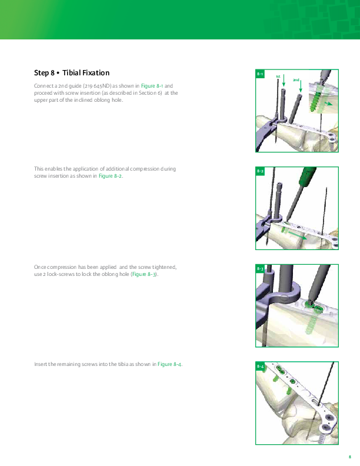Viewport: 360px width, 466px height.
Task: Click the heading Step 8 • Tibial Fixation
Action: pos(72,73)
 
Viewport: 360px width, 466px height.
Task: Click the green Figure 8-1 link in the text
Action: pos(152,86)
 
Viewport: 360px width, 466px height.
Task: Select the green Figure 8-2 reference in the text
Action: pos(110,176)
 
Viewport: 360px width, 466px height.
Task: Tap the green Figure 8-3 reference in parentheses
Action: pos(144,274)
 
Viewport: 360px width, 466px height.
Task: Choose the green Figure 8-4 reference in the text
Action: pos(169,364)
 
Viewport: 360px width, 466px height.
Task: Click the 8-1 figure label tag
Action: pos(260,74)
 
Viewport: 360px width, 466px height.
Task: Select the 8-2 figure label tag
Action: pos(260,171)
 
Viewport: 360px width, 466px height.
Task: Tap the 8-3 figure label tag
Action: pos(260,269)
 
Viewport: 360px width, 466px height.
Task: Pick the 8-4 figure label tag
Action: pos(260,366)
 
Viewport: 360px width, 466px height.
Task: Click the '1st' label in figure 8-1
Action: pos(278,76)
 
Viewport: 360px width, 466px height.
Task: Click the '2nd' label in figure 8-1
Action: pos(296,80)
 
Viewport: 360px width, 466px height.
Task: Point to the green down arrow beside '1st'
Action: pos(284,80)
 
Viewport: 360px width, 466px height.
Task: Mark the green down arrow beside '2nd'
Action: pos(301,86)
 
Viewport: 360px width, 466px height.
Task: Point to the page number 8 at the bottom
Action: pos(350,457)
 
